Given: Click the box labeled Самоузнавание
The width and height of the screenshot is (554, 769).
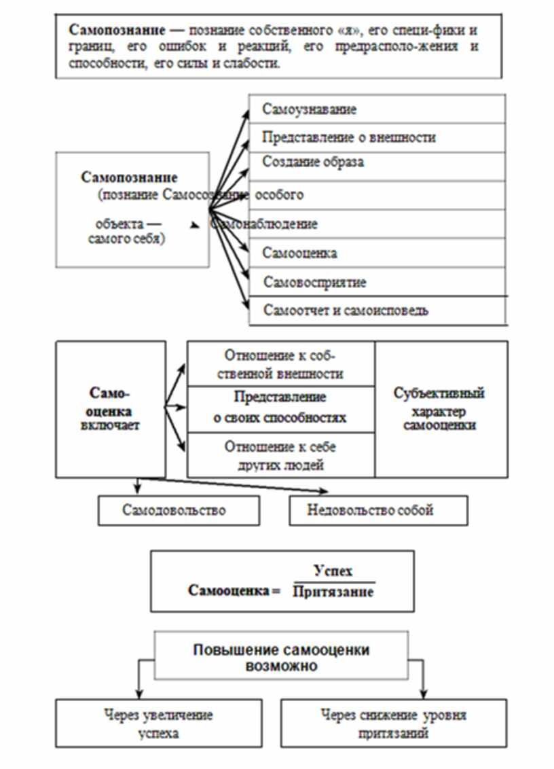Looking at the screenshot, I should (377, 109).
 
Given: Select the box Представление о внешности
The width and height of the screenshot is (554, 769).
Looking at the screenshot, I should (377, 137).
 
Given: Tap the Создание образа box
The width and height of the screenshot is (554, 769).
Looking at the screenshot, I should (377, 163).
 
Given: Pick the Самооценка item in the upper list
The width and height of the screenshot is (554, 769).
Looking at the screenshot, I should (377, 253).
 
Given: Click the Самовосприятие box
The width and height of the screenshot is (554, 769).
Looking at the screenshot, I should (377, 281).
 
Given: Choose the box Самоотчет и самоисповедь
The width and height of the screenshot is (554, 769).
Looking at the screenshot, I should (377, 310).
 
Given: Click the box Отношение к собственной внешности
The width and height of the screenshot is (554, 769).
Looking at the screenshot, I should (280, 364).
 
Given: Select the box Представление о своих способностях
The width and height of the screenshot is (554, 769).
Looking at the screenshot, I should (280, 408).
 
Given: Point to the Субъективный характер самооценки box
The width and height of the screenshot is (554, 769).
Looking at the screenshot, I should (440, 409).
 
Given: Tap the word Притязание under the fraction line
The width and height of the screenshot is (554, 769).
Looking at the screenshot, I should (333, 591).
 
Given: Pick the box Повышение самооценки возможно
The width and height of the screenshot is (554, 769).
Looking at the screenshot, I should (281, 657).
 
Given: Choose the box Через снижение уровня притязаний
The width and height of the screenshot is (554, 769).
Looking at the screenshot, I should (394, 724).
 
